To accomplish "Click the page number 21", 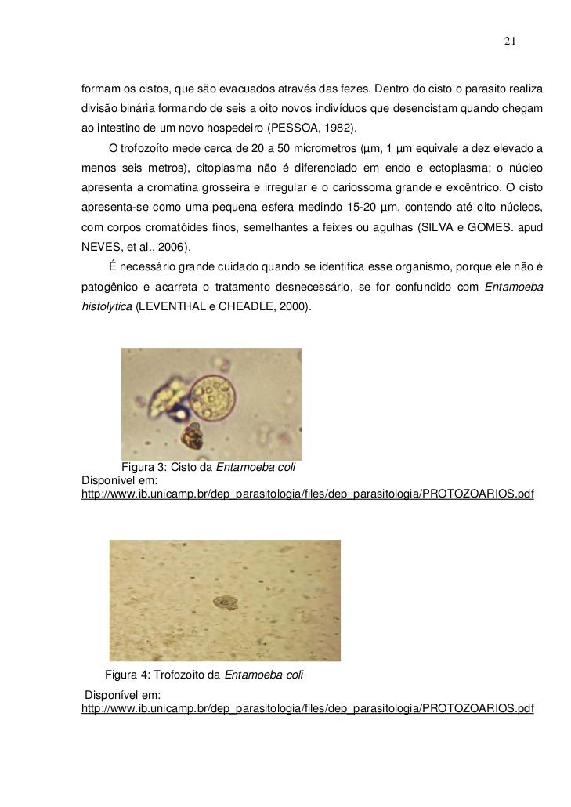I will click(x=509, y=42).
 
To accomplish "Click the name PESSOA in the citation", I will click(x=291, y=128).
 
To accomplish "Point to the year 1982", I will click(x=332, y=128).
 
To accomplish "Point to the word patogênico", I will click(x=112, y=288).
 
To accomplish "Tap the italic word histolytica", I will click(x=107, y=307).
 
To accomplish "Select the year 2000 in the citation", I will click(x=291, y=307).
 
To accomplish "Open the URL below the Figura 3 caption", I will click(x=307, y=495).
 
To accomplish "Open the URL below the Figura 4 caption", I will click(x=307, y=709).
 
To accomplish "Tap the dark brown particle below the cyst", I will click(x=192, y=435).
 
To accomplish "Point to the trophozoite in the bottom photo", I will click(x=225, y=603).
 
